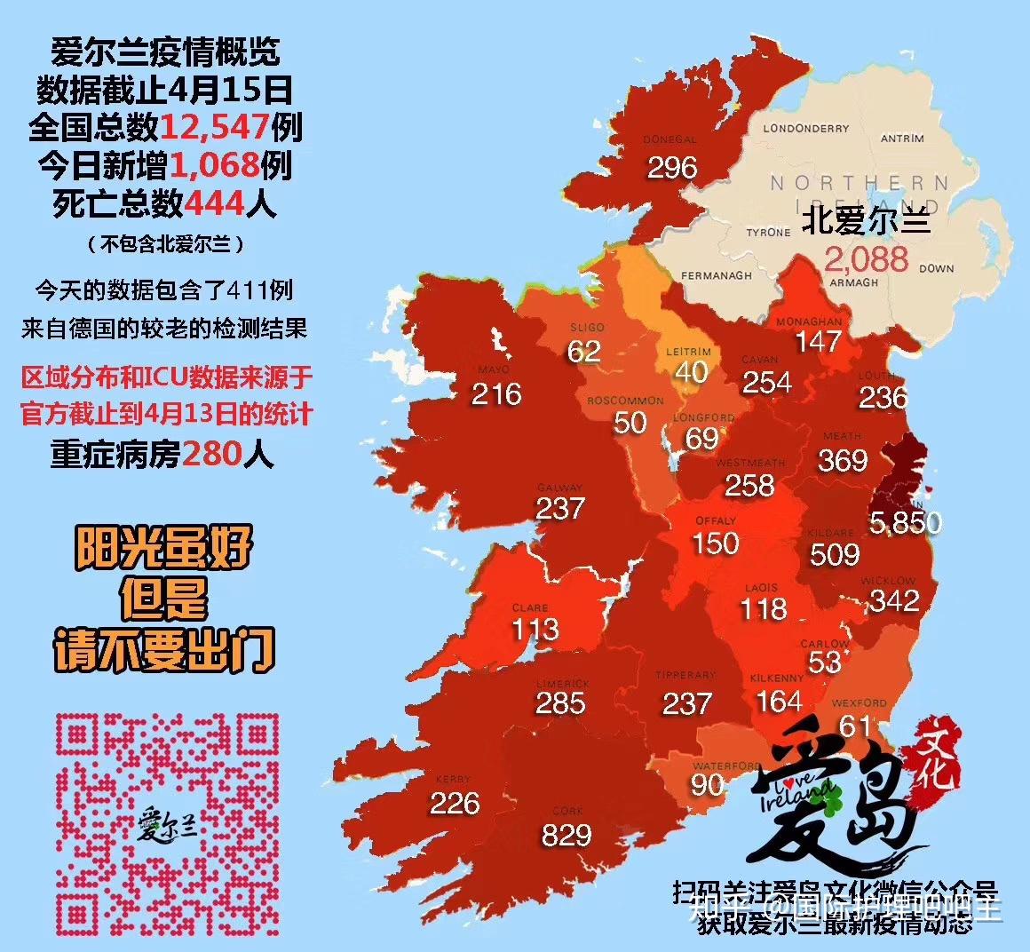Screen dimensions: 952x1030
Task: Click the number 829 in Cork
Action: (566, 835)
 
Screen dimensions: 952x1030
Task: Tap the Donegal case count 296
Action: (672, 168)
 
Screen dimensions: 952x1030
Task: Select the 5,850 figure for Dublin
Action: (905, 523)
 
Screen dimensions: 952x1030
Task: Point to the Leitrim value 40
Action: (691, 371)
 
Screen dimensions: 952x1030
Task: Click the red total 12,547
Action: (214, 127)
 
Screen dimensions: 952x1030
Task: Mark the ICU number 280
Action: (212, 455)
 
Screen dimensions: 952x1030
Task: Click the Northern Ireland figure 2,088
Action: (866, 258)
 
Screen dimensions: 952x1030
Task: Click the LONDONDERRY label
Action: (805, 129)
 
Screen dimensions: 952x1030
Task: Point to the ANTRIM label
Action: (902, 139)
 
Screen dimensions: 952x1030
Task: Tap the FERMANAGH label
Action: (716, 276)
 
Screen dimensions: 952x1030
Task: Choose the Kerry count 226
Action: (455, 803)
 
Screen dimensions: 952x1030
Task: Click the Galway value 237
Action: (560, 508)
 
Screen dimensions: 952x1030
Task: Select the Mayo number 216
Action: (495, 393)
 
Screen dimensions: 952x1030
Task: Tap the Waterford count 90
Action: (708, 785)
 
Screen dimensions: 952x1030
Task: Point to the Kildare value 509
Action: (835, 554)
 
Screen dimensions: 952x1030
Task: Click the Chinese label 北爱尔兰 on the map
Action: (866, 220)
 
